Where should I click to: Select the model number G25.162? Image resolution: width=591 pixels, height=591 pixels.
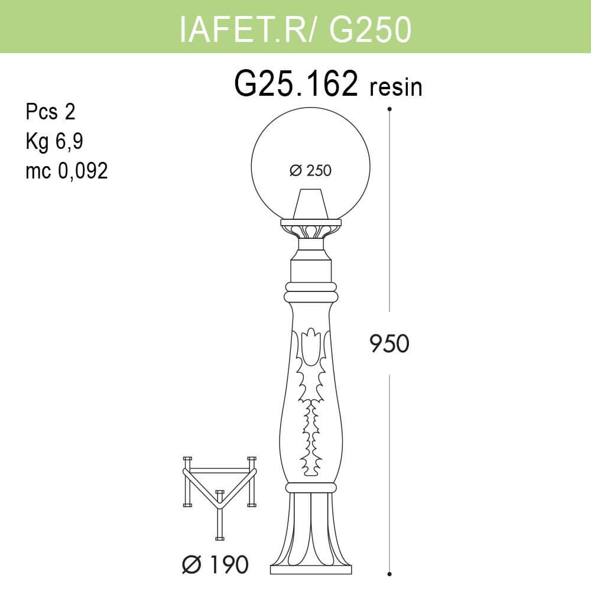pos(297,85)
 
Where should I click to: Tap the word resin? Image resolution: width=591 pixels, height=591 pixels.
pos(396,87)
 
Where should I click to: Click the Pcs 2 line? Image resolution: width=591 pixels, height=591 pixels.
pos(51,112)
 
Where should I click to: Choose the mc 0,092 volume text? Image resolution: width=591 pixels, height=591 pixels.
pos(66,171)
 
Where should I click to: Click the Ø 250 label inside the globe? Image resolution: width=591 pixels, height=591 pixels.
pos(311,171)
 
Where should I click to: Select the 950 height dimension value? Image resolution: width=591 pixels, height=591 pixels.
pos(389,343)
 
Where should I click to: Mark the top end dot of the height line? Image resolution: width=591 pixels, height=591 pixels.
pos(389,109)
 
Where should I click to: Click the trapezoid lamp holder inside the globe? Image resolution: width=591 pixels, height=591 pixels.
pos(311,204)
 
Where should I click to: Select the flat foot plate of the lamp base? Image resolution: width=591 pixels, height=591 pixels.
pos(311,570)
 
